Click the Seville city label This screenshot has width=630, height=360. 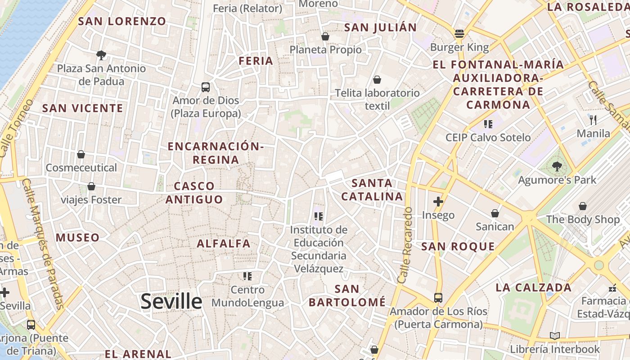tap(171, 301)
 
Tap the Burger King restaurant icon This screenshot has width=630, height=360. tap(459, 33)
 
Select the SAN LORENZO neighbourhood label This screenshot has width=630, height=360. tap(122, 21)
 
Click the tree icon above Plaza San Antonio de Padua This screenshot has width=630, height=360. tap(101, 55)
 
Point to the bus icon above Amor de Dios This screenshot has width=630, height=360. tap(205, 87)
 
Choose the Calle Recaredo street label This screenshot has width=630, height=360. tap(405, 245)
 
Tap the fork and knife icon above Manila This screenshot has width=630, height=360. tap(593, 120)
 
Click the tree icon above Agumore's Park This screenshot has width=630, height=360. tap(557, 166)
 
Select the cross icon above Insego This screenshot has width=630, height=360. tap(438, 201)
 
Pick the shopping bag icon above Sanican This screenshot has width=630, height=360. tap(495, 213)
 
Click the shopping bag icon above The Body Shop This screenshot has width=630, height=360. tap(583, 206)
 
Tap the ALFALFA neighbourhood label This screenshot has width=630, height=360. tap(224, 243)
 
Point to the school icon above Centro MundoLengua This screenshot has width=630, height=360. tap(247, 276)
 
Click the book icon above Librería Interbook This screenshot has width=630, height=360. tap(555, 336)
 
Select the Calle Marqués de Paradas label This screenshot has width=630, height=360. tap(43, 245)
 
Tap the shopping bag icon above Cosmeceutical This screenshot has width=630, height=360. tap(81, 154)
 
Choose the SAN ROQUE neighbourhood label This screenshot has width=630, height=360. tap(458, 247)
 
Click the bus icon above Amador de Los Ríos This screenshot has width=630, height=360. tap(438, 297)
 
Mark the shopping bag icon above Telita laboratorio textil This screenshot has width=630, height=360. tap(377, 80)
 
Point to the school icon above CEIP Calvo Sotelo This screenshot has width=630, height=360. tap(488, 124)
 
